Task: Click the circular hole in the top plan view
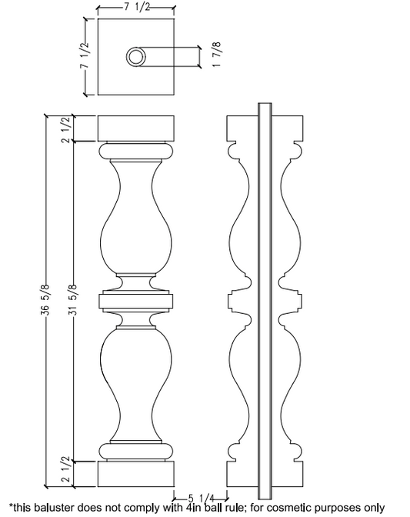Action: pos(137,57)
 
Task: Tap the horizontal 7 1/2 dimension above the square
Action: pos(136,8)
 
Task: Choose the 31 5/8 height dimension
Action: pos(74,300)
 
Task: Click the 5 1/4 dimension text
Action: pos(197,496)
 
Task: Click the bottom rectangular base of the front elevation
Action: pos(136,473)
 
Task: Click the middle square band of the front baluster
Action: pos(136,302)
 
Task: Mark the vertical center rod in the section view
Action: pos(265,300)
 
